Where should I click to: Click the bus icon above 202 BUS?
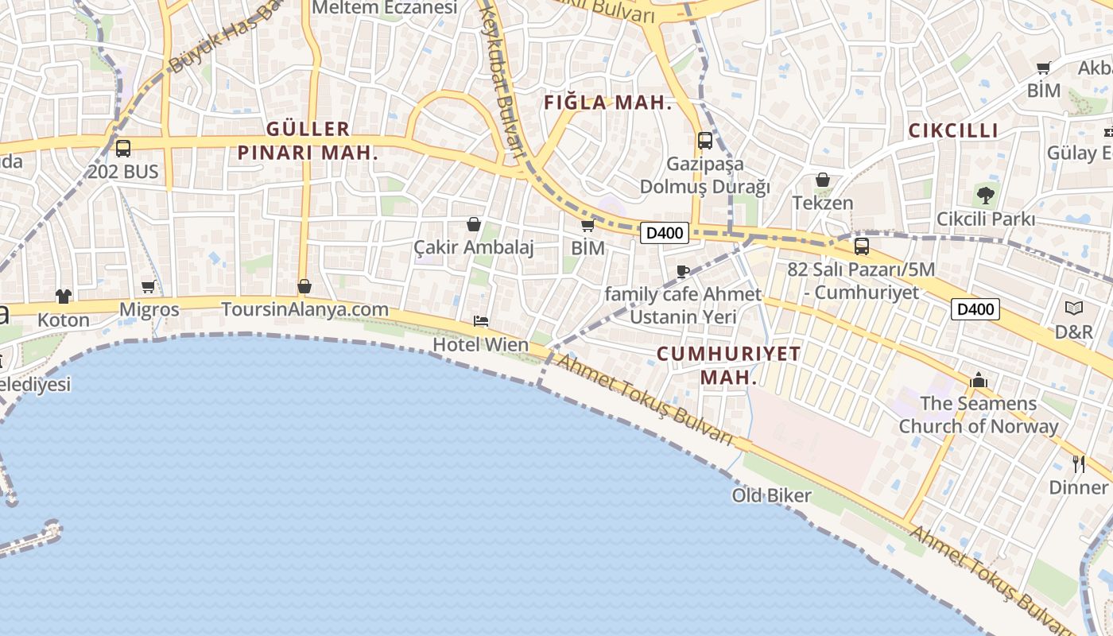[123, 148]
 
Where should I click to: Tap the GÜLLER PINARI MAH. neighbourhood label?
[308, 141]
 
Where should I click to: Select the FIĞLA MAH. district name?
[608, 103]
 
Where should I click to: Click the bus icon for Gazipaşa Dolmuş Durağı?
[704, 141]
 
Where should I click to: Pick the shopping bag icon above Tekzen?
[823, 180]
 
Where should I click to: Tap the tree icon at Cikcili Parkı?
[986, 195]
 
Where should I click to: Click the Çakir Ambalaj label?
[474, 247]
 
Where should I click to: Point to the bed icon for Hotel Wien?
[480, 321]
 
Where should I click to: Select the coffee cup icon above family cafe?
[682, 271]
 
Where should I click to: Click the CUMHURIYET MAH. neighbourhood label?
[729, 366]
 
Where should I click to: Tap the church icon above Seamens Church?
[979, 381]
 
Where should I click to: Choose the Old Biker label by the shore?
[771, 495]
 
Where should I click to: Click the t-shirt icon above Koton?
[64, 297]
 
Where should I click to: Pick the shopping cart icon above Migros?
[149, 286]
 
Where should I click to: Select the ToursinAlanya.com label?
[304, 309]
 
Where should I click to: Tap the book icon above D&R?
[1073, 308]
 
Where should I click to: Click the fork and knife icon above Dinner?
[1079, 464]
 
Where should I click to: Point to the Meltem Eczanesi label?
[386, 8]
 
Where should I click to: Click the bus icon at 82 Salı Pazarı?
[861, 246]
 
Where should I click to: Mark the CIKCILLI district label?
[952, 131]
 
